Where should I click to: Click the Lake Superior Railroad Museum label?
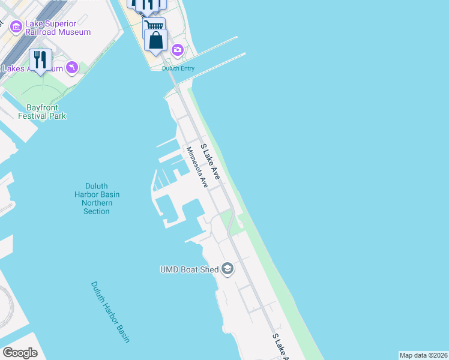coord(58,28)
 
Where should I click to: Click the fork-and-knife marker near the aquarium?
coord(41,60)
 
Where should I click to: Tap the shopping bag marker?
coord(155,41)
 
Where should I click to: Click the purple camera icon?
coord(177,50)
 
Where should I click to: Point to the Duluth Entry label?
coord(178,68)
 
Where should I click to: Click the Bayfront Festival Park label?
coord(42,112)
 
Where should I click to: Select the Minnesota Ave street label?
coord(196,168)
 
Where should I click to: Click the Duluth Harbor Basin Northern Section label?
coord(97,199)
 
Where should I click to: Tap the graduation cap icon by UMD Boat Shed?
coord(228,269)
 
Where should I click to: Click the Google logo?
coord(20,353)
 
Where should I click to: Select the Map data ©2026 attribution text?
coord(423,355)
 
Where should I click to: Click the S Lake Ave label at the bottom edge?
coord(280,347)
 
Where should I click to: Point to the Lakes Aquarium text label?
coord(24,68)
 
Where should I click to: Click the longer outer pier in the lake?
coord(219,65)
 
